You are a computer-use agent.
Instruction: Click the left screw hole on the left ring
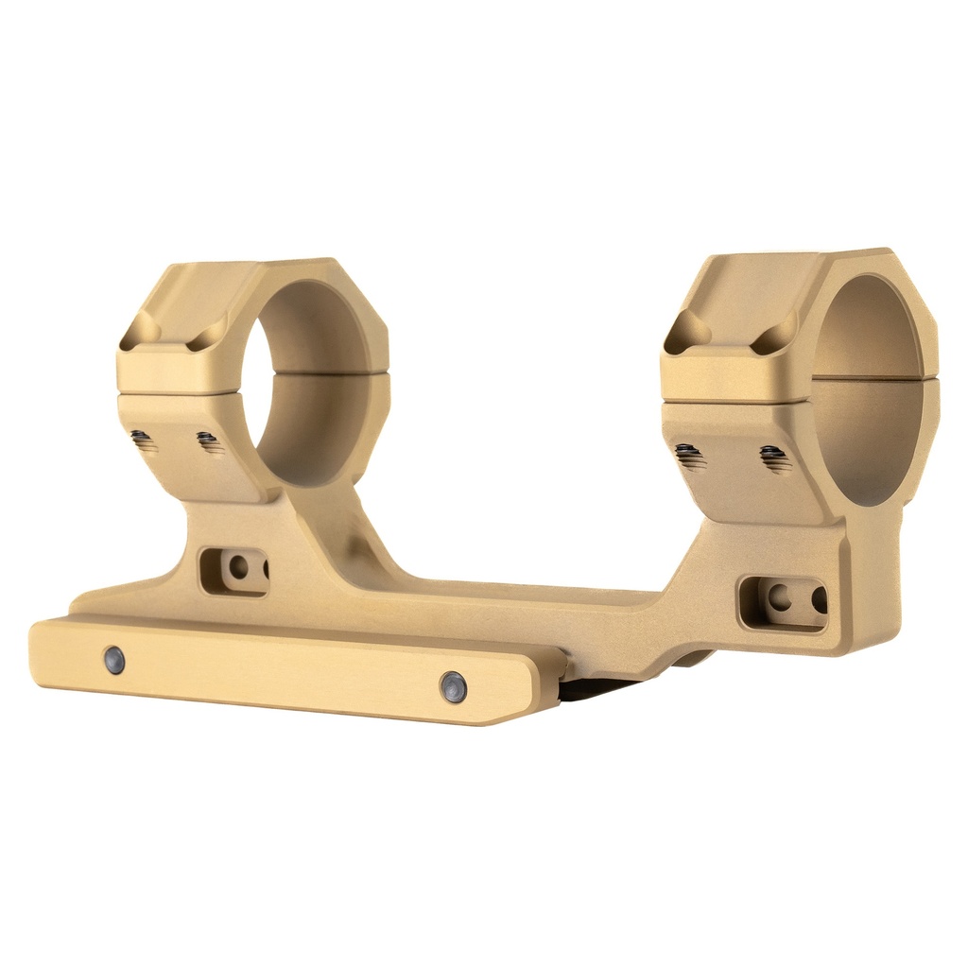coord(143,440)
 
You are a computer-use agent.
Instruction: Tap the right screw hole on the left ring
coord(209,441)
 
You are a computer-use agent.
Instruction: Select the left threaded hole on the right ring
coord(690,457)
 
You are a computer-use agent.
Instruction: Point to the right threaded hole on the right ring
coord(775,459)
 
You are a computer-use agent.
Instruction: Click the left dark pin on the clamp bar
coord(114,661)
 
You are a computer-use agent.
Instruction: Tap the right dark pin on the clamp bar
coord(454,687)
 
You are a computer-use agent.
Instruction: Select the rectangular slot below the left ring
coord(233,570)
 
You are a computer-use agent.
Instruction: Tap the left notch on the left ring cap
coord(139,330)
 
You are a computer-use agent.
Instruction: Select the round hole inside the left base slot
coord(239,567)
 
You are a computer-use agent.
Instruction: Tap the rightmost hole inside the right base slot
coord(819,600)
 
